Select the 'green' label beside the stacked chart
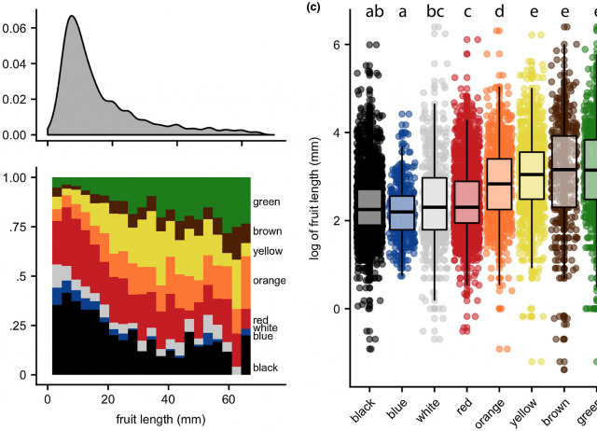click(266, 201)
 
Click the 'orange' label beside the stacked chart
click(270, 280)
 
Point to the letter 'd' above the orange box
click(499, 12)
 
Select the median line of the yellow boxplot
click(533, 174)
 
